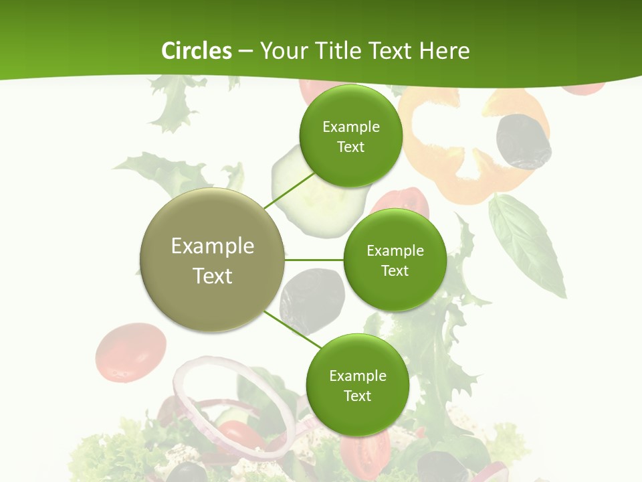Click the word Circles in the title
[x=196, y=51]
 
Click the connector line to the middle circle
[x=314, y=260]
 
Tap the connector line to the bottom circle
[x=294, y=331]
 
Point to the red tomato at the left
[x=130, y=351]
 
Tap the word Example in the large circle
[x=212, y=246]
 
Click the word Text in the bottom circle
[x=357, y=396]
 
